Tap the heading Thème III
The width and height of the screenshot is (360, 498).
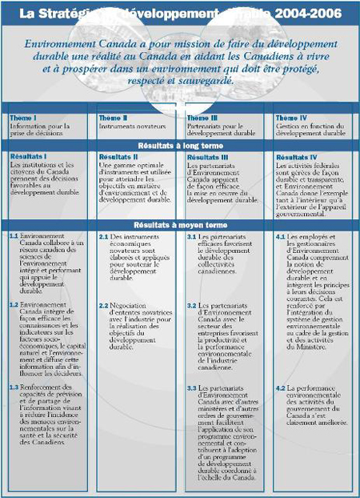pos(201,118)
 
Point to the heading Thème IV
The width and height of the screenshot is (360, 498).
pos(290,118)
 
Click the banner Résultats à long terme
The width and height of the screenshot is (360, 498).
pos(179,147)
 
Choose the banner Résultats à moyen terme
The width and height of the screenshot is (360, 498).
pos(179,226)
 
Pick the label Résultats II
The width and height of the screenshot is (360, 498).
pos(118,157)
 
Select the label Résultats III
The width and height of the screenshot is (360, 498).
pos(207,157)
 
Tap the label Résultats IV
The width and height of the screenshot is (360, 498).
pos(296,157)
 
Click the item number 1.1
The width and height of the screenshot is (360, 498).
pos(14,237)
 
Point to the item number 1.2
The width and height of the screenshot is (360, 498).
pos(14,305)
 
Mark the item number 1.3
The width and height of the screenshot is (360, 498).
pos(14,388)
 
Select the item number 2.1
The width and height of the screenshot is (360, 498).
pos(103,237)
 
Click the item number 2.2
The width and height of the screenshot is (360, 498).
pos(103,305)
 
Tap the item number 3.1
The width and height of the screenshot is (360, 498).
pos(192,237)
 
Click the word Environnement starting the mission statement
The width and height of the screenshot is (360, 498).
pos(62,44)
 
